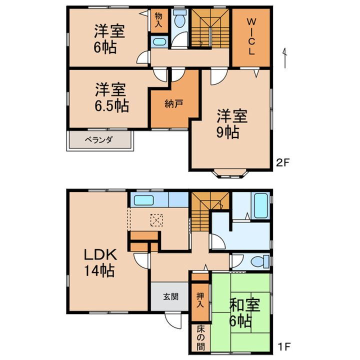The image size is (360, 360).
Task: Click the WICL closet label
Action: (251, 36)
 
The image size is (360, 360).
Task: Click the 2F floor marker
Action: (283, 162)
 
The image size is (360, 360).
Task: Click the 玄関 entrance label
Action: (170, 295)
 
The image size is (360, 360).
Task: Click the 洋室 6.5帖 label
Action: (111, 98)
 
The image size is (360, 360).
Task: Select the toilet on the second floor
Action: (179, 20)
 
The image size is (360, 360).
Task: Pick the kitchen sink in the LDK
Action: (144, 201)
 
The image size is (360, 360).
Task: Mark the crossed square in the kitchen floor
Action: (157, 219)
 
